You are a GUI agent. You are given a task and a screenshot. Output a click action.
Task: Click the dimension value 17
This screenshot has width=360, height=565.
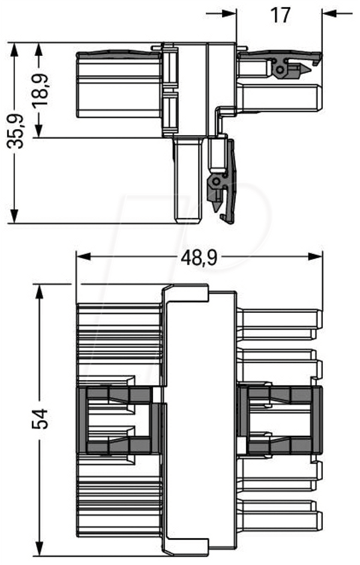click(x=280, y=15)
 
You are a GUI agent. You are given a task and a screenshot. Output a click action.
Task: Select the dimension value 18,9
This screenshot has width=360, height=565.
click(x=40, y=89)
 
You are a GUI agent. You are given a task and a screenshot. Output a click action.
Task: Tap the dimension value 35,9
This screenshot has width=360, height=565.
click(x=16, y=131)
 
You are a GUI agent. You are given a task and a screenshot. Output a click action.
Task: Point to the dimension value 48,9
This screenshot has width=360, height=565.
click(x=199, y=257)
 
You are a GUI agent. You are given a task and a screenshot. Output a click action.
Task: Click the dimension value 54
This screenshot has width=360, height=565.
click(x=40, y=418)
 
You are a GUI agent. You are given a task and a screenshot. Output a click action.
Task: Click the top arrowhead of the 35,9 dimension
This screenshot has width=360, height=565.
click(x=14, y=50)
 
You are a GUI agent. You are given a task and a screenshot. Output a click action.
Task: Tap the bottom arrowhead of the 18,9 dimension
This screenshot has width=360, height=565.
click(x=39, y=130)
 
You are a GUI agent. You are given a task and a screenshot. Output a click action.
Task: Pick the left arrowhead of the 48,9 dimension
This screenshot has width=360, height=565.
click(x=83, y=256)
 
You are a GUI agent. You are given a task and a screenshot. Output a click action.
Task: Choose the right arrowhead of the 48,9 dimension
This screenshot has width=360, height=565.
click(x=316, y=256)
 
